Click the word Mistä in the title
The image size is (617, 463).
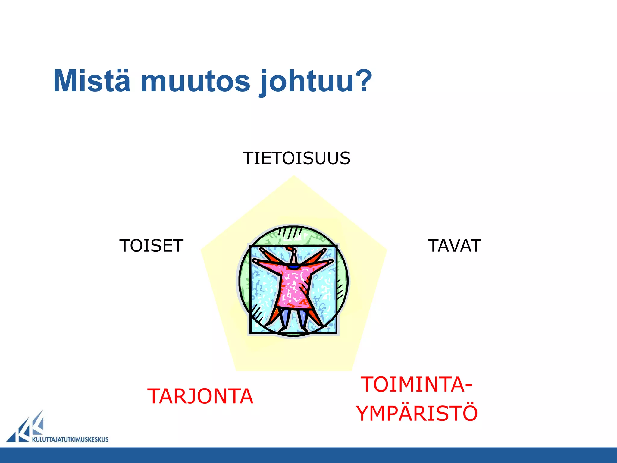tap(92, 81)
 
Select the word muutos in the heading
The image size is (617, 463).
tap(195, 81)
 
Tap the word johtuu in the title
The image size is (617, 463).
tap(307, 81)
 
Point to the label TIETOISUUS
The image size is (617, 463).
tap(296, 158)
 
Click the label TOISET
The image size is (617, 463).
tap(151, 246)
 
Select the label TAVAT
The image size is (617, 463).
tap(454, 246)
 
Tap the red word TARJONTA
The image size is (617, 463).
tap(200, 396)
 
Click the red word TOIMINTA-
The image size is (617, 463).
tap(417, 385)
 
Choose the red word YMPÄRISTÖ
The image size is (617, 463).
tap(417, 413)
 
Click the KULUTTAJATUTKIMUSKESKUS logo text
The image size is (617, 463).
tap(70, 439)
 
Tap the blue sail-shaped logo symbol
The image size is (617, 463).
tap(27, 428)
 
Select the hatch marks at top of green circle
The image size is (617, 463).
tap(289, 233)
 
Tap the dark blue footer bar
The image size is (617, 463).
tap(308, 455)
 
